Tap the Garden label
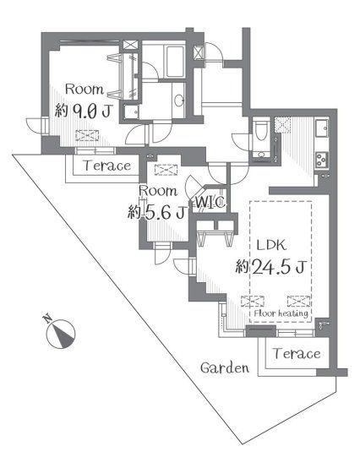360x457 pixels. [225, 367]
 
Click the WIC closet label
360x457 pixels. [210, 202]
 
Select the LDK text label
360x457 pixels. [271, 245]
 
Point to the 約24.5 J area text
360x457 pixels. [270, 266]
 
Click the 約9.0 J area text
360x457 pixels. [84, 111]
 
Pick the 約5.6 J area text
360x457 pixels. [157, 212]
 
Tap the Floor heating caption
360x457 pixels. [281, 313]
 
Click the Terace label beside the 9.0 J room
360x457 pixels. [107, 166]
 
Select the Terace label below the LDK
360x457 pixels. [297, 354]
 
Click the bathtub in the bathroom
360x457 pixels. [175, 62]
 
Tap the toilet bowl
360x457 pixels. [259, 131]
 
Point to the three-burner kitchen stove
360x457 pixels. [321, 160]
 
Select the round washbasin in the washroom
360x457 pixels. [178, 101]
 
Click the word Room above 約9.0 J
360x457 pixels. [85, 90]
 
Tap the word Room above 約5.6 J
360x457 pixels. [158, 191]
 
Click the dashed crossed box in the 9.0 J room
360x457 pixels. [87, 135]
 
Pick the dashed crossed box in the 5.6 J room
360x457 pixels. [166, 170]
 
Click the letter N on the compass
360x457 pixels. [47, 318]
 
